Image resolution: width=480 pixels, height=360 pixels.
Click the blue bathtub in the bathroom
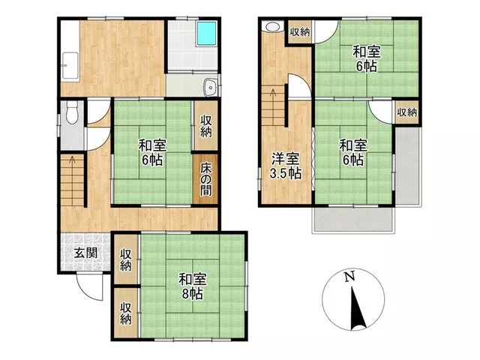[x=207, y=34]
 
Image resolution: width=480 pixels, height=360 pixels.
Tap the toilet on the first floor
[x=72, y=112]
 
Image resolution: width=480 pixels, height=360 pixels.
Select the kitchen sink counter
[x=70, y=65]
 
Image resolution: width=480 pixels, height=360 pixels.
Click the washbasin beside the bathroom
[x=210, y=87]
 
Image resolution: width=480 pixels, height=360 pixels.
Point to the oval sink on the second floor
[x=273, y=27]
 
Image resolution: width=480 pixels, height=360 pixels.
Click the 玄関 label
[x=86, y=253]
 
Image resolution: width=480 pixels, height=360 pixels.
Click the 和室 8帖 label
[x=193, y=286]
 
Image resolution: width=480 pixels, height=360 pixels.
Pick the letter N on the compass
[x=349, y=277]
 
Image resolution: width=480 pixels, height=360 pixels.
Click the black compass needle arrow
[x=356, y=308]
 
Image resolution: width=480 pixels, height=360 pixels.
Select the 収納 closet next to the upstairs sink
[x=300, y=31]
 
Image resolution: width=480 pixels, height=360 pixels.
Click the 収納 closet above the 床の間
[x=206, y=126]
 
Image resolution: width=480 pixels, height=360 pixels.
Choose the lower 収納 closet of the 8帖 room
[x=126, y=313]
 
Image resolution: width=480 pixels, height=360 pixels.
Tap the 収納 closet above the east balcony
[x=406, y=112]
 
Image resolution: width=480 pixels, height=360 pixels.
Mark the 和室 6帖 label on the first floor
[x=152, y=152]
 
